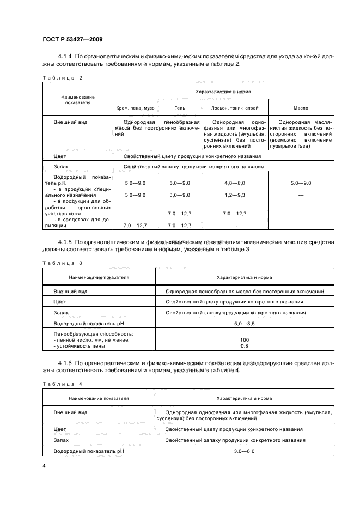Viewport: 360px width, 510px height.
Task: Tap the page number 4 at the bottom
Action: pyautogui.click(x=44, y=466)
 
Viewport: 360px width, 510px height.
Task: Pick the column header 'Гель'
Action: pyautogui.click(x=180, y=108)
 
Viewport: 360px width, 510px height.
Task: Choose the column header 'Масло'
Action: pyautogui.click(x=301, y=108)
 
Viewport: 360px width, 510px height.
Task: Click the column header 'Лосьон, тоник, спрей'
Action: pyautogui.click(x=235, y=108)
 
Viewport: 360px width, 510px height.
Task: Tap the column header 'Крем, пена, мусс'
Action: pyautogui.click(x=135, y=108)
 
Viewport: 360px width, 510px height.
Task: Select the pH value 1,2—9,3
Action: pyautogui.click(x=235, y=195)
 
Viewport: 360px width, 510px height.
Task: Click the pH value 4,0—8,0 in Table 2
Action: pyautogui.click(x=235, y=184)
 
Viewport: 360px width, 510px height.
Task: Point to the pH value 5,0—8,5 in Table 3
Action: pyautogui.click(x=244, y=323)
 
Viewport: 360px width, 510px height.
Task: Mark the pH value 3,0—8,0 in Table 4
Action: pyautogui.click(x=244, y=451)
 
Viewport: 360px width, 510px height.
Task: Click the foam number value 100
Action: pyautogui.click(x=244, y=339)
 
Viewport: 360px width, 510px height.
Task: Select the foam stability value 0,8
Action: pyautogui.click(x=244, y=346)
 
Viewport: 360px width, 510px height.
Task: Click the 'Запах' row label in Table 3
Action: pyautogui.click(x=61, y=313)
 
